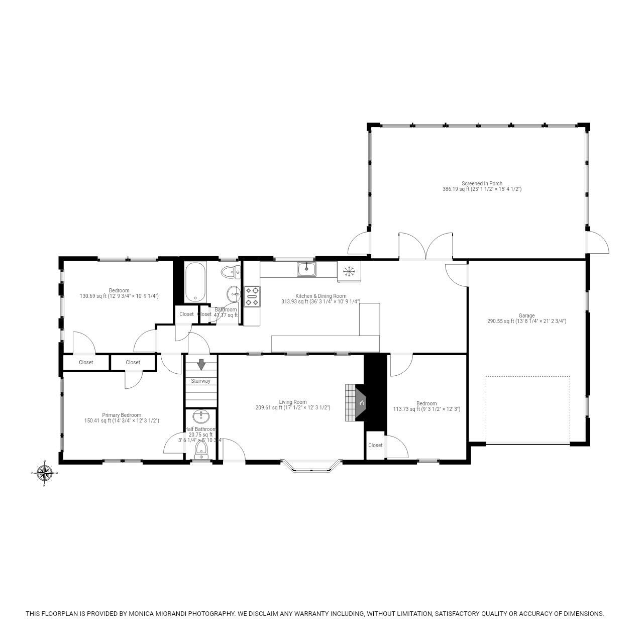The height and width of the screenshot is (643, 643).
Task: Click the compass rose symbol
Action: click(45, 473)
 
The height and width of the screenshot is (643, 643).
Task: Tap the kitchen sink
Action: click(306, 269)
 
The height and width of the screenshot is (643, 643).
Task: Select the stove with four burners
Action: click(252, 296)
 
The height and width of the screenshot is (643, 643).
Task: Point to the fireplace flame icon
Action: click(361, 403)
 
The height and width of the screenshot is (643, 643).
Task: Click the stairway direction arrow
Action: click(201, 364)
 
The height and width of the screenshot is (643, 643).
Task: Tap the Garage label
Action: click(526, 315)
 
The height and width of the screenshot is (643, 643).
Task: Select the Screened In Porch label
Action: click(482, 183)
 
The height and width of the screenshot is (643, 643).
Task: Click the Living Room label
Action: click(293, 402)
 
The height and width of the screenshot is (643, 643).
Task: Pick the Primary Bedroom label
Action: click(122, 415)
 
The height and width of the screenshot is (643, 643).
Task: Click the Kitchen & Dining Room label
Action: click(320, 296)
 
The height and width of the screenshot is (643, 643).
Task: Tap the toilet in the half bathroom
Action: click(201, 449)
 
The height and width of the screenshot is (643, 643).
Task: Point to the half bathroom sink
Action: click(201, 416)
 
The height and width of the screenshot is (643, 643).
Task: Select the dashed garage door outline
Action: click(527, 409)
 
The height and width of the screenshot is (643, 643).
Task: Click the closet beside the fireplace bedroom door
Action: click(375, 446)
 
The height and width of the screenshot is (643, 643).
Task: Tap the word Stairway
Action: click(200, 381)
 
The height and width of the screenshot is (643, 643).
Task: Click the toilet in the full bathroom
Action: click(231, 272)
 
